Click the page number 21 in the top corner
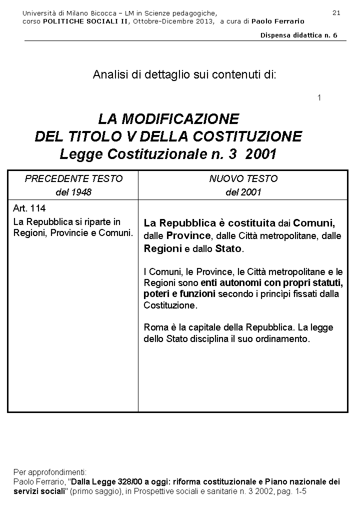point(336,12)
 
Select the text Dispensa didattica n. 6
point(299,35)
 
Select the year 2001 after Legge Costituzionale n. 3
point(261,154)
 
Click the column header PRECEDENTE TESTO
point(73,178)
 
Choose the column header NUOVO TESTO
point(243,178)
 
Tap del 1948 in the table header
point(73,192)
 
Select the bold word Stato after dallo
point(228,248)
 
